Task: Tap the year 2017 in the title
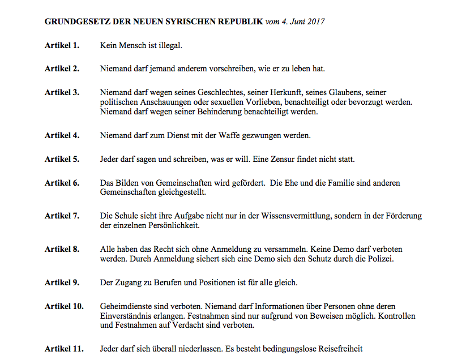(315, 22)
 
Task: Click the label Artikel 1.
(62, 45)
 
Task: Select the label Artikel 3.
(62, 92)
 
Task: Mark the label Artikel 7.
(62, 216)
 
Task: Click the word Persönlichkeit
(173, 225)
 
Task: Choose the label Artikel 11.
(64, 349)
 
